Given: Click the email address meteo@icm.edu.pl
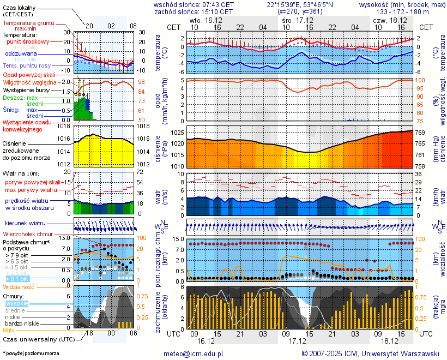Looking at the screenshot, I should point(194,353).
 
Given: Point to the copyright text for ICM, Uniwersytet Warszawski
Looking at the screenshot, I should point(371,353).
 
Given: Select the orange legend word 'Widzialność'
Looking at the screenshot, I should point(19,286).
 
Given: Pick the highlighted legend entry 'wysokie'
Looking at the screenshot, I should point(16,303).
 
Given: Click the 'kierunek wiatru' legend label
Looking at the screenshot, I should point(25,224).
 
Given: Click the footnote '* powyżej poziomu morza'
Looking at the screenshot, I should point(31,353).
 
